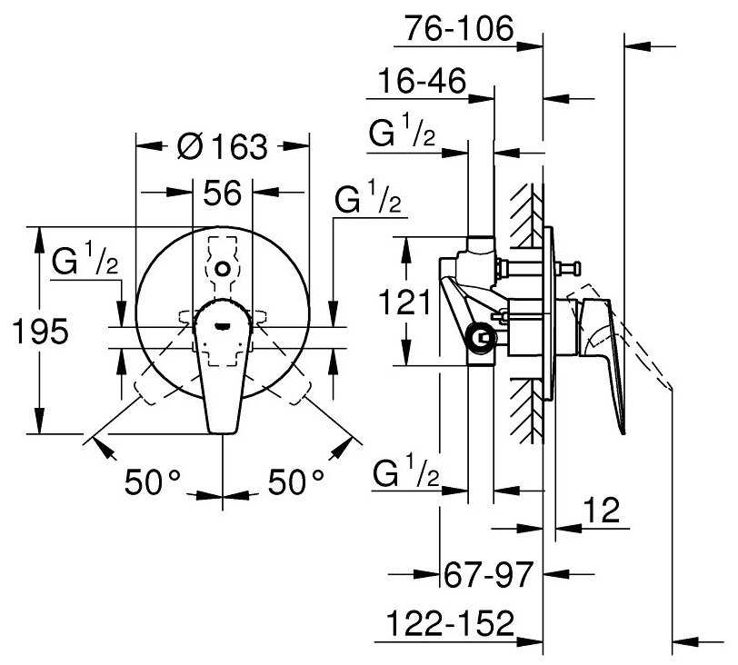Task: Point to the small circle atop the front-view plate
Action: (x=223, y=269)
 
